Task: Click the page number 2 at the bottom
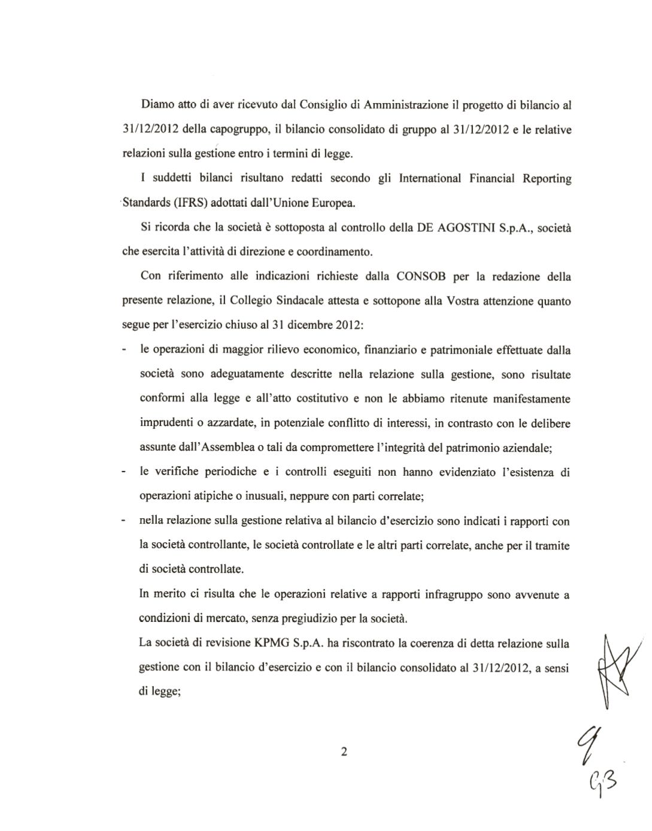(344, 752)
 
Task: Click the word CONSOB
(421, 277)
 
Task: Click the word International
(429, 179)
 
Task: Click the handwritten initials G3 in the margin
(604, 779)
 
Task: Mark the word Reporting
(546, 179)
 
